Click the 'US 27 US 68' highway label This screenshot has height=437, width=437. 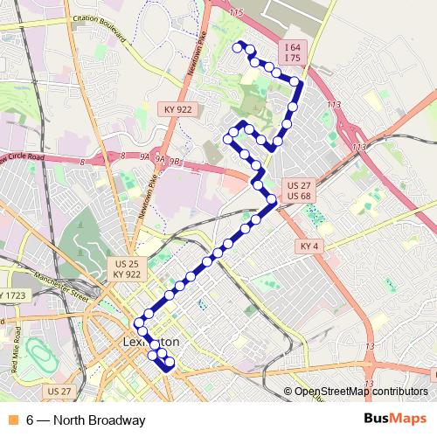point(299,191)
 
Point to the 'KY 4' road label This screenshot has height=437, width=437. point(309,246)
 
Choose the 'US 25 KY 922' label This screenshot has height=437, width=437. point(127,268)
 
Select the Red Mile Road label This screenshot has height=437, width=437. point(17,350)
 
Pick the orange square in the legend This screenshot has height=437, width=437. point(11,420)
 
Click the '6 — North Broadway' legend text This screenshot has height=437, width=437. point(85,420)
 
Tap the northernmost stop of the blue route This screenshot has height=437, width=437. point(237,44)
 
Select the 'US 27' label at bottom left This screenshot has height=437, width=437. point(59,390)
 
